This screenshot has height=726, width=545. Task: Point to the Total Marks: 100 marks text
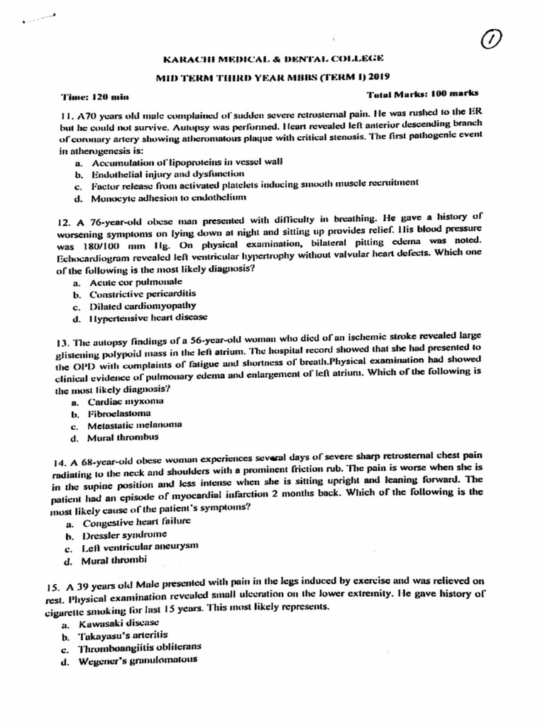pyautogui.click(x=422, y=94)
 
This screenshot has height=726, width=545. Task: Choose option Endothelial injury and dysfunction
pyautogui.click(x=167, y=173)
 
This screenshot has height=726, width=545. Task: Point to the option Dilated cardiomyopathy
pyautogui.click(x=142, y=306)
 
